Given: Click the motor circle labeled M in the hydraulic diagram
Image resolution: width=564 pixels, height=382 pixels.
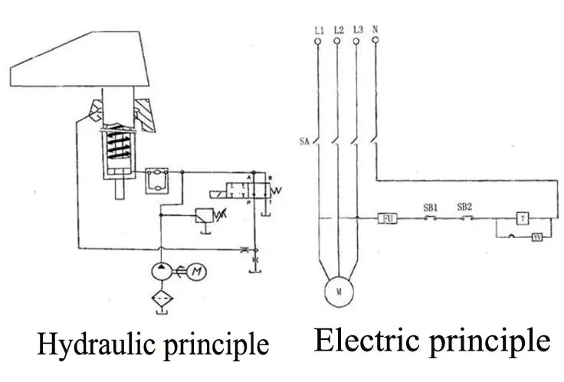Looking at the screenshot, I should pos(198,270).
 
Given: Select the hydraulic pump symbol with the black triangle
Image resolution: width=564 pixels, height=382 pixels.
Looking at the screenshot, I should pos(161,270).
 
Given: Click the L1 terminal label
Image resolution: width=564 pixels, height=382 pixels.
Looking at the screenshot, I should pos(319,30).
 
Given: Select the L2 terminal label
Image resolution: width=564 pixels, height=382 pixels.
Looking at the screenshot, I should pos(338,30).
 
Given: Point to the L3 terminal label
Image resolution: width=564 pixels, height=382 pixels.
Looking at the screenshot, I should pos(358,30).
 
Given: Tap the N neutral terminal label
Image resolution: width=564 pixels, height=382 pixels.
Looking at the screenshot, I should pos(375,30).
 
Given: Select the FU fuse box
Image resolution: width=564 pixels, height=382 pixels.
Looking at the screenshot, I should pos(388,218).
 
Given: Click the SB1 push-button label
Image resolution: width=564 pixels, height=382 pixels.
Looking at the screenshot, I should pos(430,207).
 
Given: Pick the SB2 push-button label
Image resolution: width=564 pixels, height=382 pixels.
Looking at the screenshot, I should pos(464,207).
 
